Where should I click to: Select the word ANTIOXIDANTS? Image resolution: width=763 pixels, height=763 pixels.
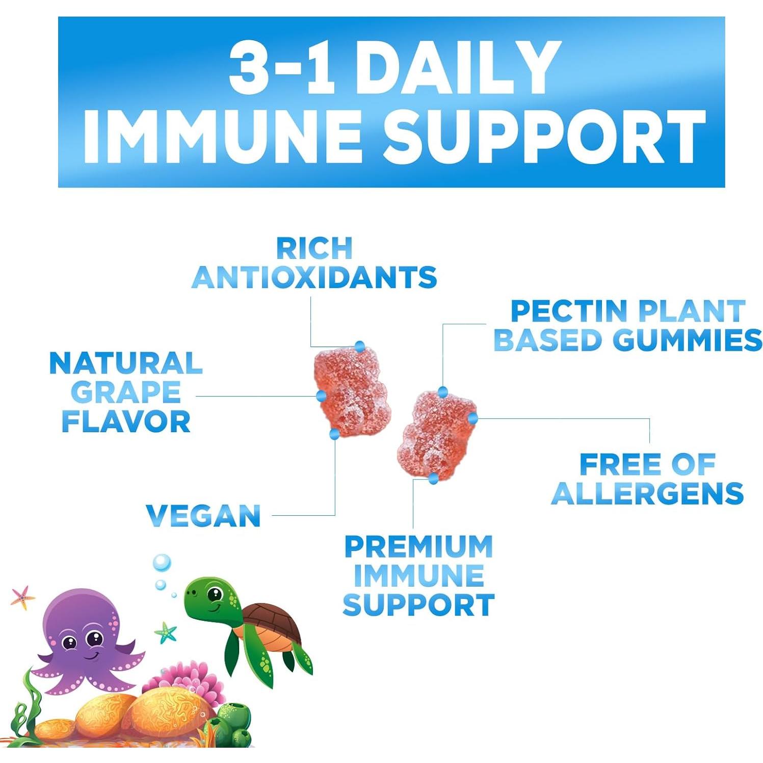pos(314,278)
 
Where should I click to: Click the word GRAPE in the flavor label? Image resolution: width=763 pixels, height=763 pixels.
pos(126,392)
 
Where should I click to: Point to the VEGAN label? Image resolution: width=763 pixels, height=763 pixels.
pos(203,515)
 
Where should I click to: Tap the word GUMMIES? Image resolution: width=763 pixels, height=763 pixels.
pos(688,340)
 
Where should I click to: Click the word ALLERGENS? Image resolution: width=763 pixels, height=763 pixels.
pos(647,493)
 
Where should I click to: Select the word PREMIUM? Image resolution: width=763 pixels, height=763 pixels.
pos(418,546)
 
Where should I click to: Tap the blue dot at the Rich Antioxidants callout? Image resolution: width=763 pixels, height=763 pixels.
pos(360,347)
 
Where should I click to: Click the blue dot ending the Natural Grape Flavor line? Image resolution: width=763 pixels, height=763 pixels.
pos(321,396)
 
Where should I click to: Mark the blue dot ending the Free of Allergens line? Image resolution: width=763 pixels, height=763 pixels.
pos(472,418)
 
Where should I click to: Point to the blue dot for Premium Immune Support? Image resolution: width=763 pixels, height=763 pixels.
pos(433,478)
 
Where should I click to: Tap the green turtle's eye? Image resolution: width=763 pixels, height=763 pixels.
pos(215,594)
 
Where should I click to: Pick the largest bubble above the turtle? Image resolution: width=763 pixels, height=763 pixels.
pos(162,562)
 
